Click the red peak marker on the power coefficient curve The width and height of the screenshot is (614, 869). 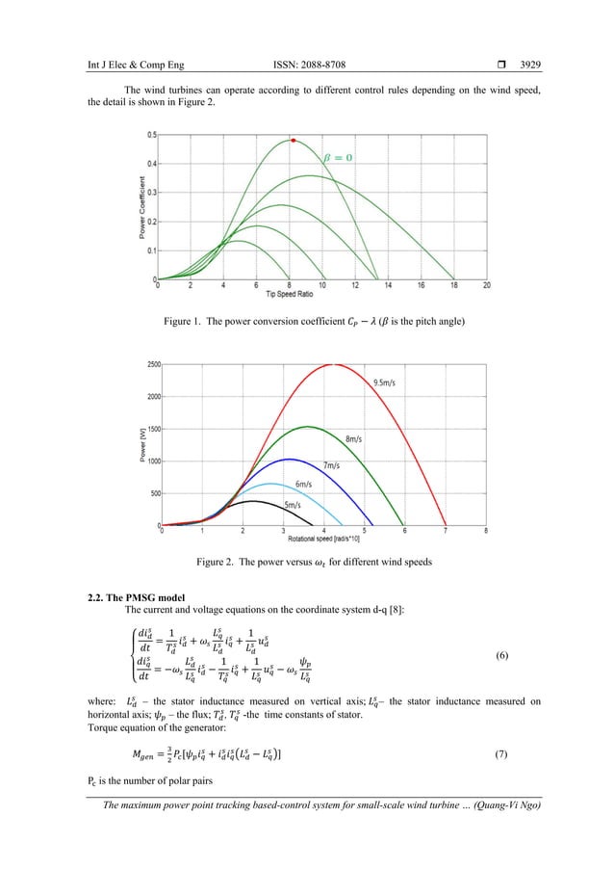(x=294, y=141)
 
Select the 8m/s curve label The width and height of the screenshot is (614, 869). (x=356, y=438)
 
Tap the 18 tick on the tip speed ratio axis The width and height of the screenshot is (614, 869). (x=453, y=285)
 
